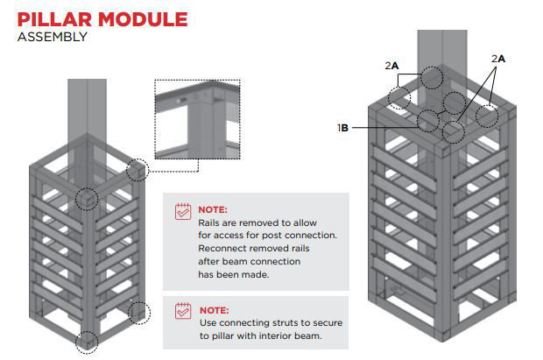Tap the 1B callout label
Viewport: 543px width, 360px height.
pyautogui.click(x=343, y=128)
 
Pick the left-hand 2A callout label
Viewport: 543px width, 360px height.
pyautogui.click(x=391, y=65)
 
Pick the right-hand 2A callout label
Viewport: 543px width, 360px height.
pyautogui.click(x=498, y=58)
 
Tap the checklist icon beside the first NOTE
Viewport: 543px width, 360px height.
pyautogui.click(x=183, y=211)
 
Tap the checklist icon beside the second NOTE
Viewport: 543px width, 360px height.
pyautogui.click(x=183, y=310)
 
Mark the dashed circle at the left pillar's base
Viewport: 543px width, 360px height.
pyautogui.click(x=86, y=342)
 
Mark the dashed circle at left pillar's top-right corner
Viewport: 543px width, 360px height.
pyautogui.click(x=138, y=170)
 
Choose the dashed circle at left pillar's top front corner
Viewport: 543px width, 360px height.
pyautogui.click(x=86, y=199)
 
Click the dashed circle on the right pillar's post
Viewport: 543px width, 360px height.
pyautogui.click(x=431, y=77)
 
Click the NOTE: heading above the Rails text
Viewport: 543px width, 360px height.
pyautogui.click(x=213, y=211)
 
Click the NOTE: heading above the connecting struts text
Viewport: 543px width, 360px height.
pyautogui.click(x=213, y=310)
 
